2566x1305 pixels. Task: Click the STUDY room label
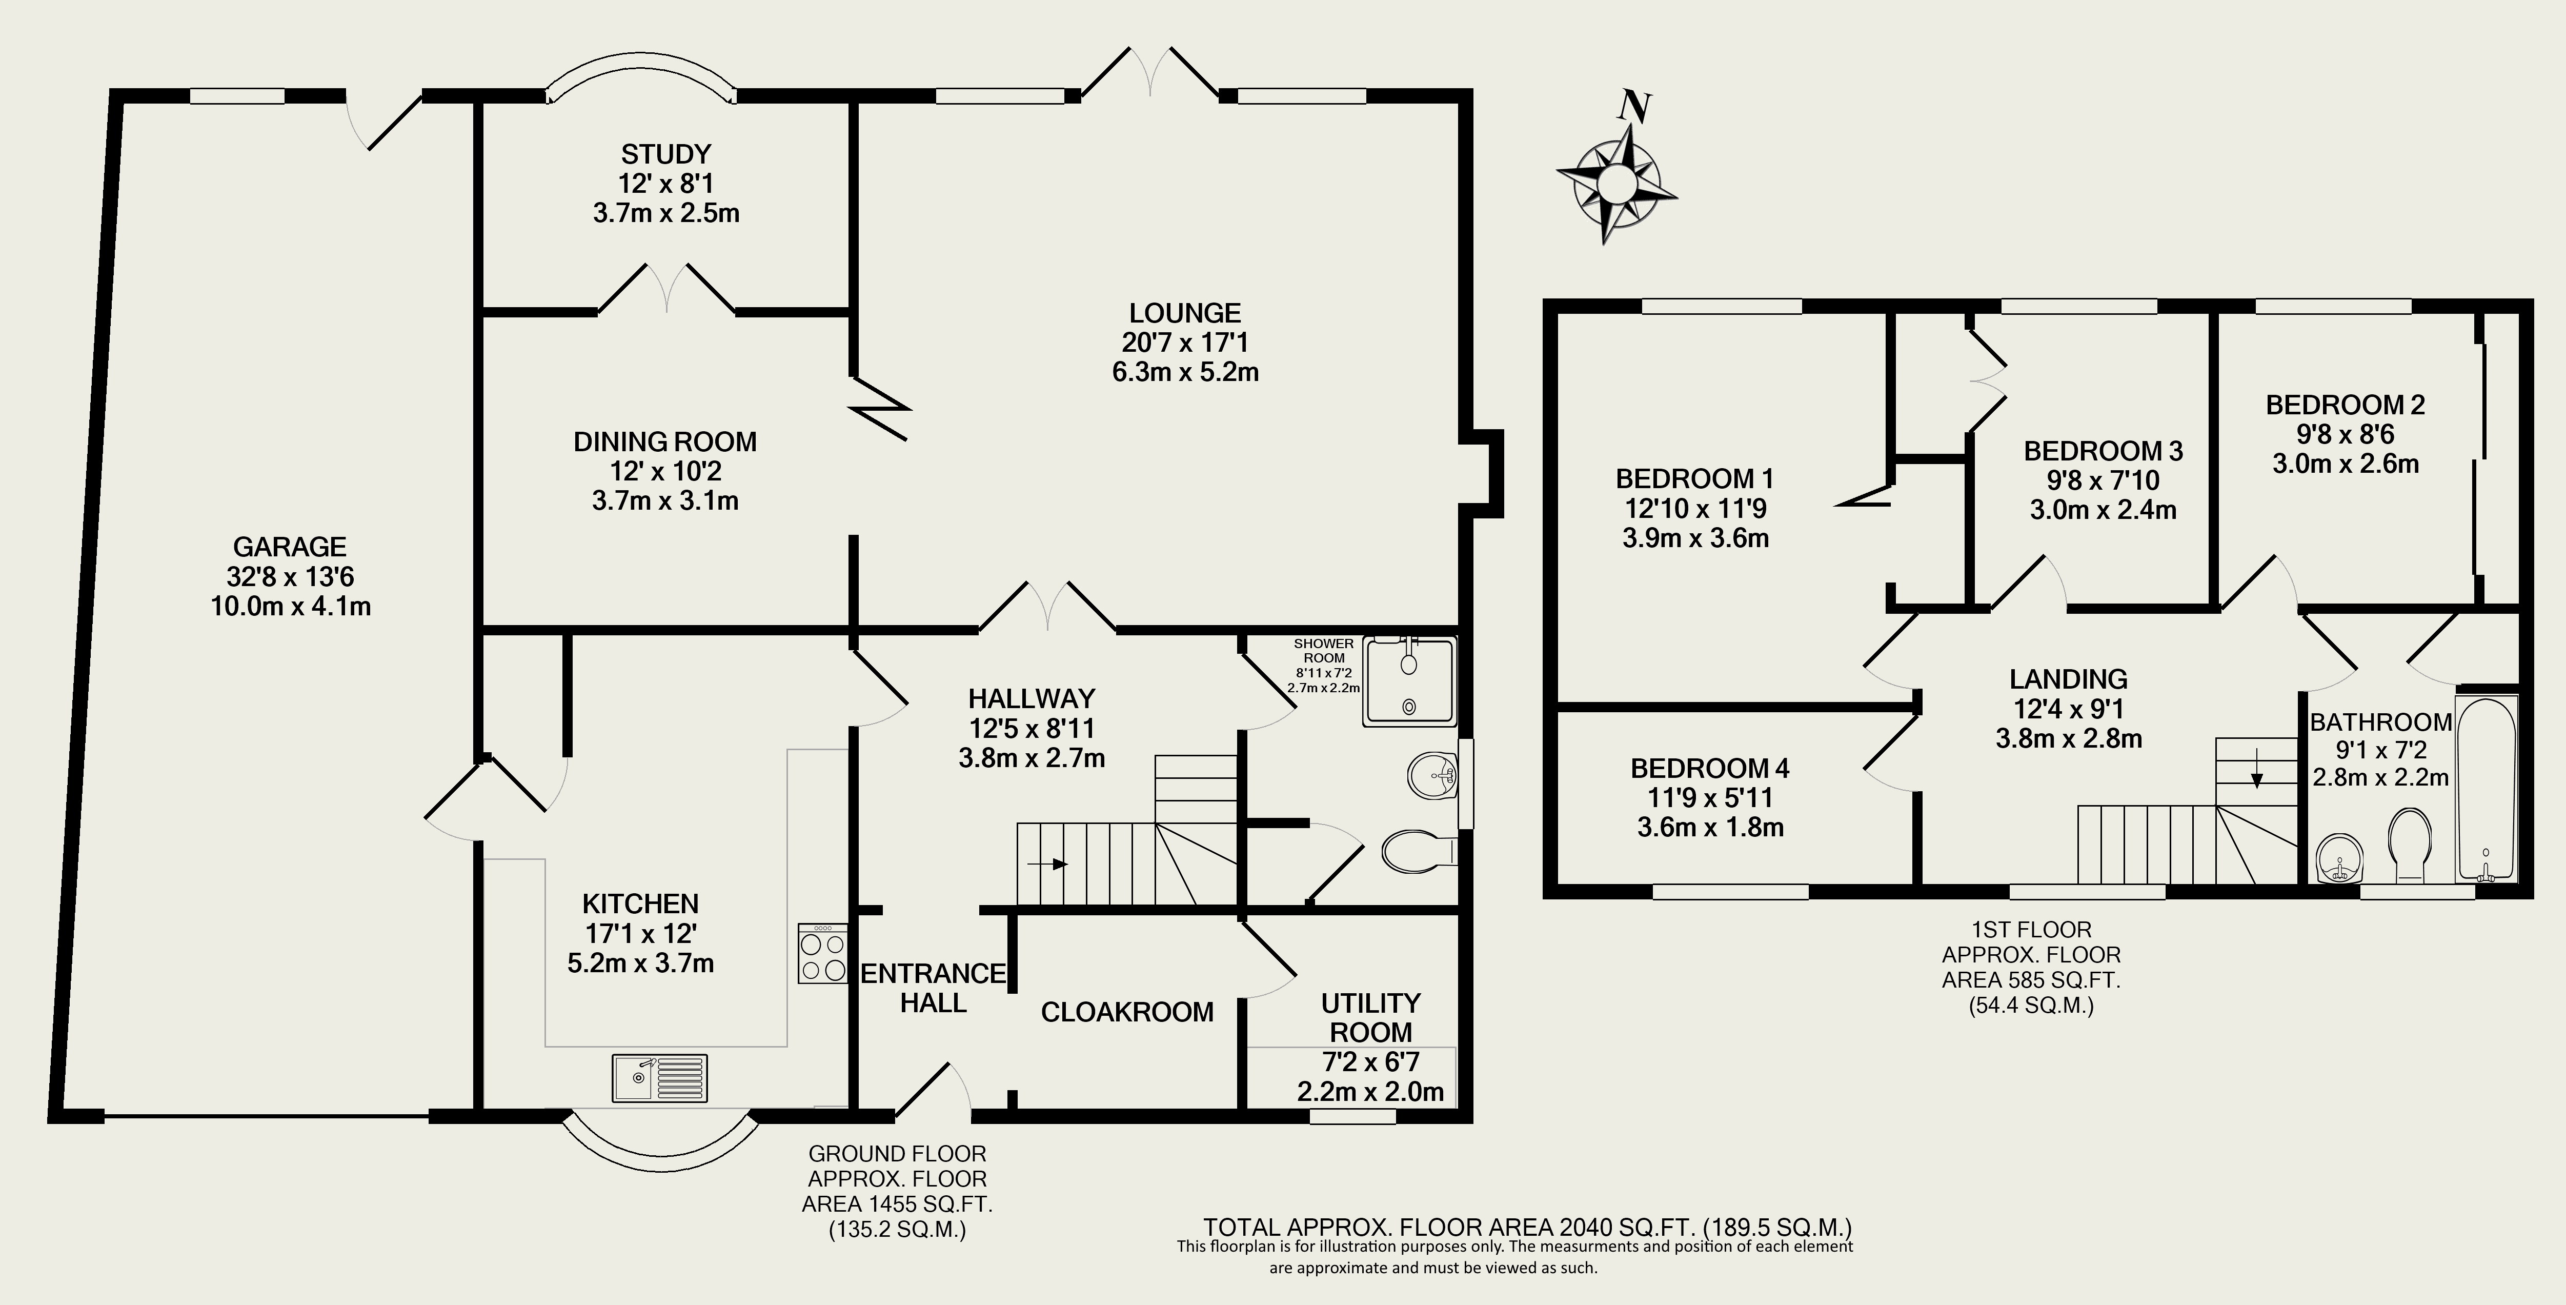[666, 154]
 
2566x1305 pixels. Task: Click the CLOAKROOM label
[1126, 1012]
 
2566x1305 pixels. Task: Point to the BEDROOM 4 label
[1709, 768]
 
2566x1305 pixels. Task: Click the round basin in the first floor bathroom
[2337, 859]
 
